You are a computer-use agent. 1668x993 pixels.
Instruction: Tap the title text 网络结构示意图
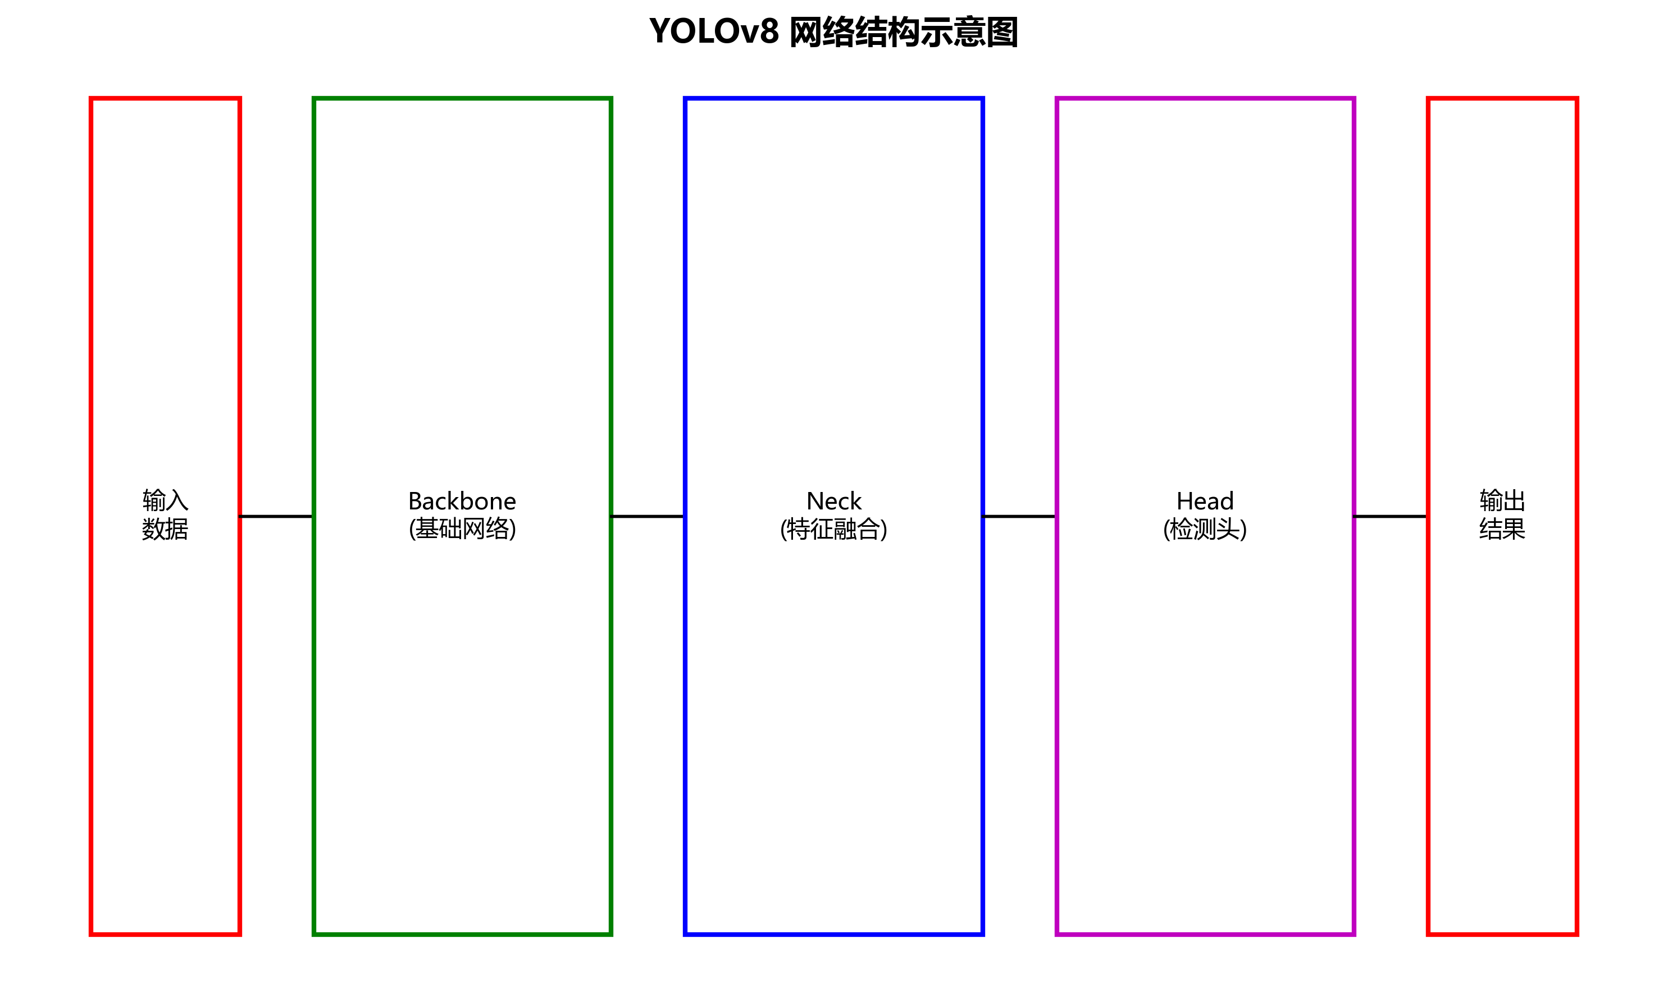tap(903, 32)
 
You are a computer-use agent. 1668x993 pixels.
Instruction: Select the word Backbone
tap(462, 501)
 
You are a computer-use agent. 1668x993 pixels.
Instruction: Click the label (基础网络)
tap(462, 529)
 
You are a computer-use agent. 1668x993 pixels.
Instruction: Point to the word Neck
tap(833, 501)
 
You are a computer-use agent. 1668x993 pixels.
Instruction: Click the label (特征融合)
tap(833, 529)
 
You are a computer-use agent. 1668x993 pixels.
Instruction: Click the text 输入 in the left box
tap(165, 500)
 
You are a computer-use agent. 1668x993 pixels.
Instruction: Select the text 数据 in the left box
tap(165, 529)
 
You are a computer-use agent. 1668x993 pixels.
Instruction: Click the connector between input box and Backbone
tap(276, 516)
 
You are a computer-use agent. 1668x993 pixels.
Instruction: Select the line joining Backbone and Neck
tap(647, 516)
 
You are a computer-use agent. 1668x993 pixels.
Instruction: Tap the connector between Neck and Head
tap(1018, 516)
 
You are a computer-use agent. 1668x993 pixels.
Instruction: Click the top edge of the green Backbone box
tap(462, 98)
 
